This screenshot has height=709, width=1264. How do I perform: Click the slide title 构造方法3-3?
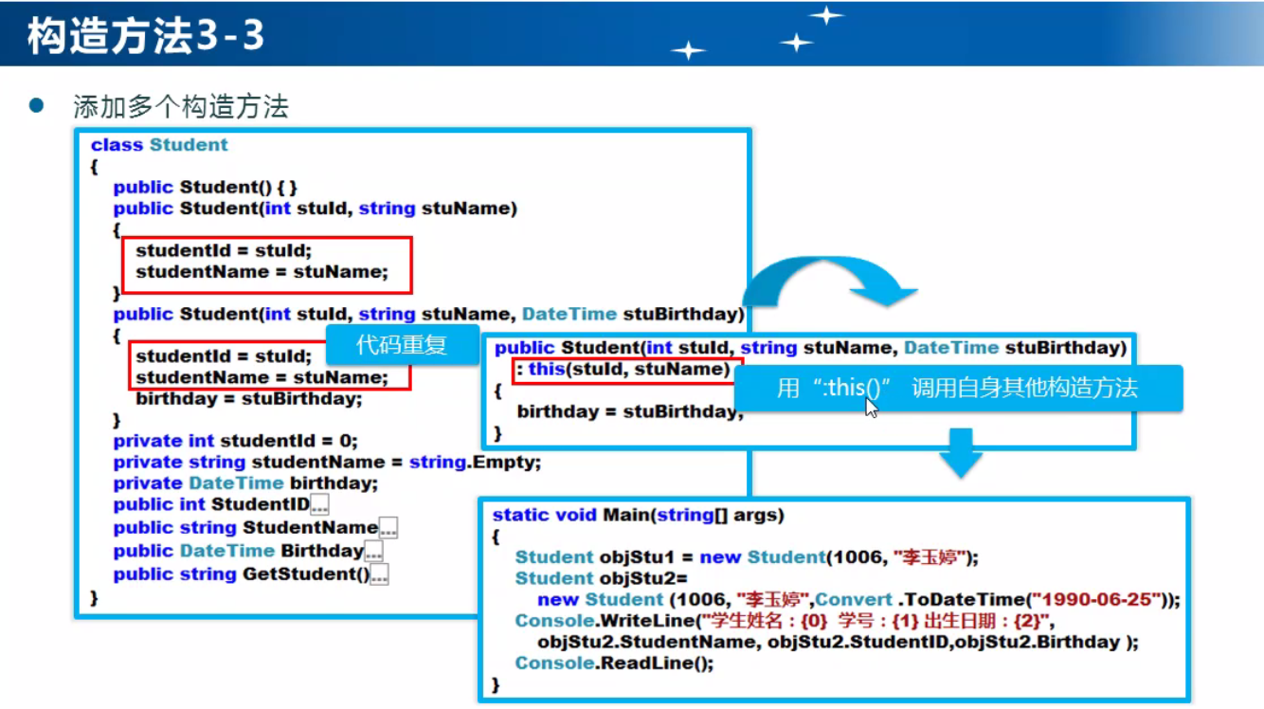point(145,37)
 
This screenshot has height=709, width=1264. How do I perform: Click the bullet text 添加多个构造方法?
point(181,106)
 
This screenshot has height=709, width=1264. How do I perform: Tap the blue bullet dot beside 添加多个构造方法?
point(37,104)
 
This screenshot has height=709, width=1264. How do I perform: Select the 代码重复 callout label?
point(401,345)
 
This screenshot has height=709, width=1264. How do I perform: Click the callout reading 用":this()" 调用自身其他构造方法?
point(957,388)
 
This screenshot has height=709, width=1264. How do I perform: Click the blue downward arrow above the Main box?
point(961,452)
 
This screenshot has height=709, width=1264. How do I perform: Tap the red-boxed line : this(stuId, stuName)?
point(626,370)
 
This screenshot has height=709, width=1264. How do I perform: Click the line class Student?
point(159,145)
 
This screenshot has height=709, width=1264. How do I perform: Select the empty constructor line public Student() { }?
point(206,188)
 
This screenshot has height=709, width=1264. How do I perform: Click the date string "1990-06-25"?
point(1101,600)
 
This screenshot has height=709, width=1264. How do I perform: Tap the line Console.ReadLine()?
point(614,664)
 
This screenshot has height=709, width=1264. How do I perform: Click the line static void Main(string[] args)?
point(639,516)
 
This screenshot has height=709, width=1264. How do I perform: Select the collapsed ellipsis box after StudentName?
point(388,529)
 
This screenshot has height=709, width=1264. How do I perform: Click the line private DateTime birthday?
point(245,483)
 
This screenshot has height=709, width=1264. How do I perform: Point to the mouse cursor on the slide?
point(871,408)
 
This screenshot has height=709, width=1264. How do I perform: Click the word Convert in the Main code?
point(853,600)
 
